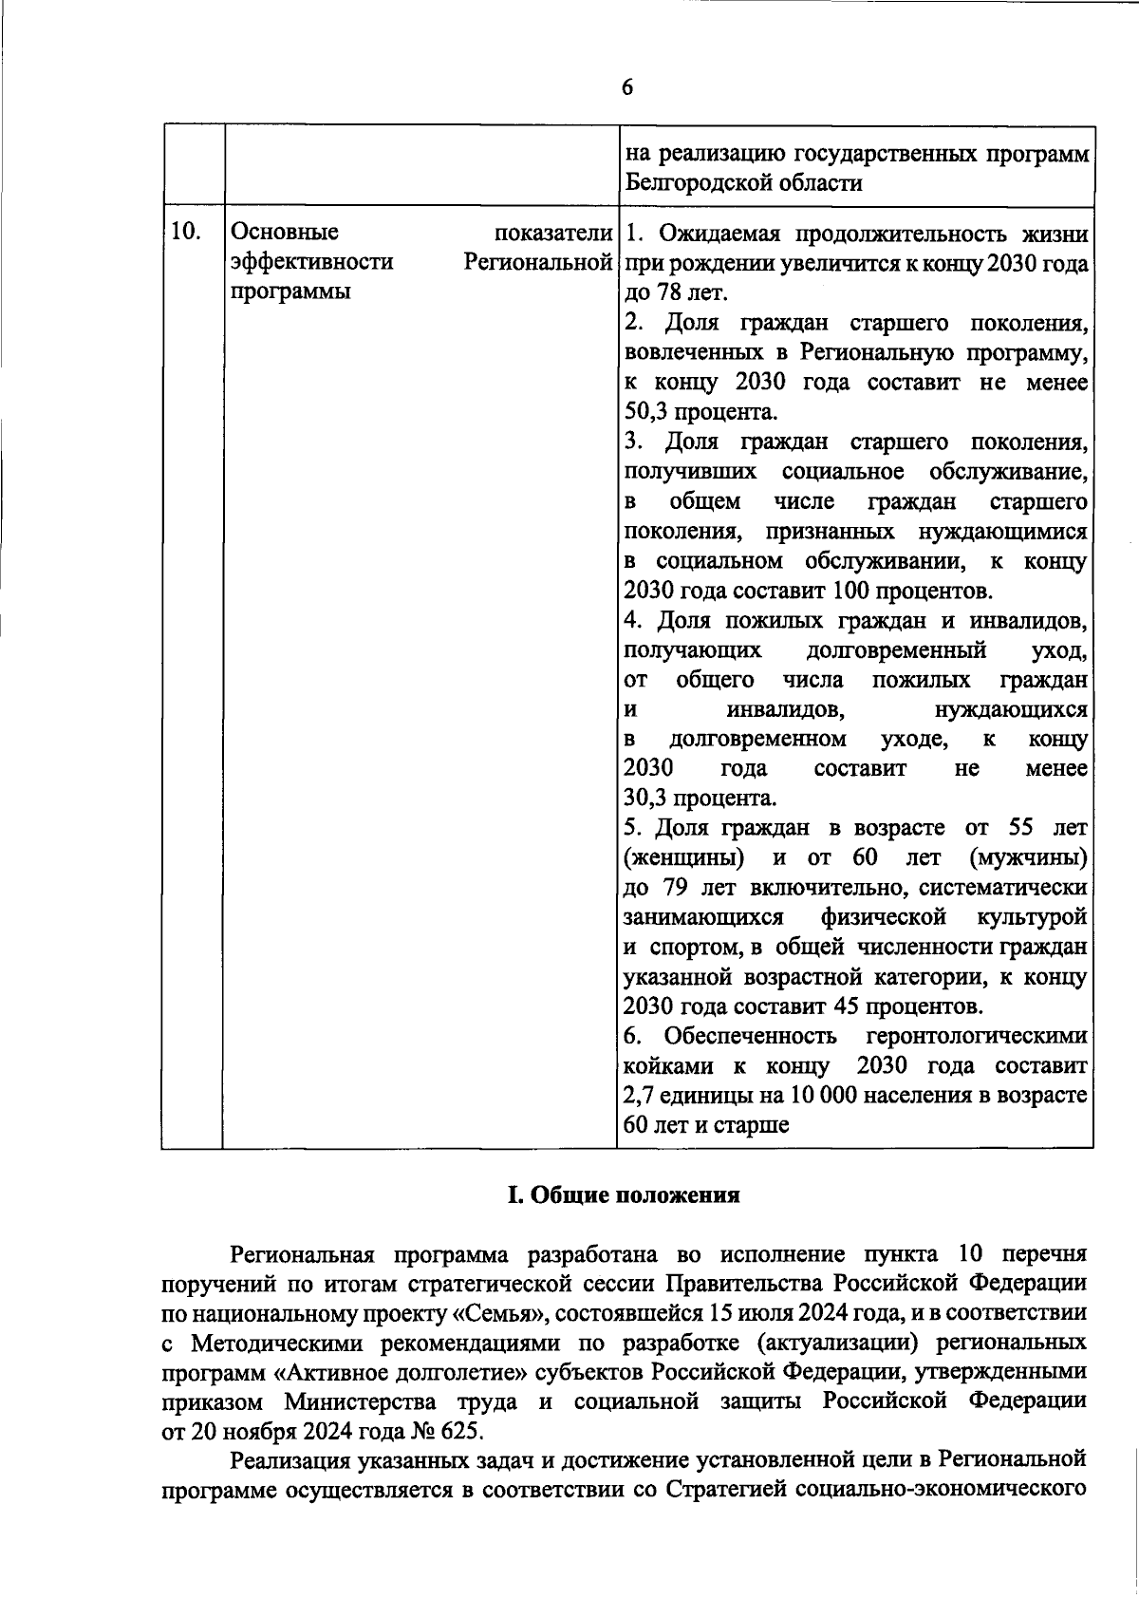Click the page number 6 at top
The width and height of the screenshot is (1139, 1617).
coord(626,87)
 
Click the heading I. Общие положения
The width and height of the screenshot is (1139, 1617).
coord(624,1195)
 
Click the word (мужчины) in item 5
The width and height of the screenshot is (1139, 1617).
coord(1029,857)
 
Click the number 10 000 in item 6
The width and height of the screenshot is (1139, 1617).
coord(808,1095)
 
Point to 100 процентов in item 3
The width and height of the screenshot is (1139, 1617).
coord(911,591)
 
